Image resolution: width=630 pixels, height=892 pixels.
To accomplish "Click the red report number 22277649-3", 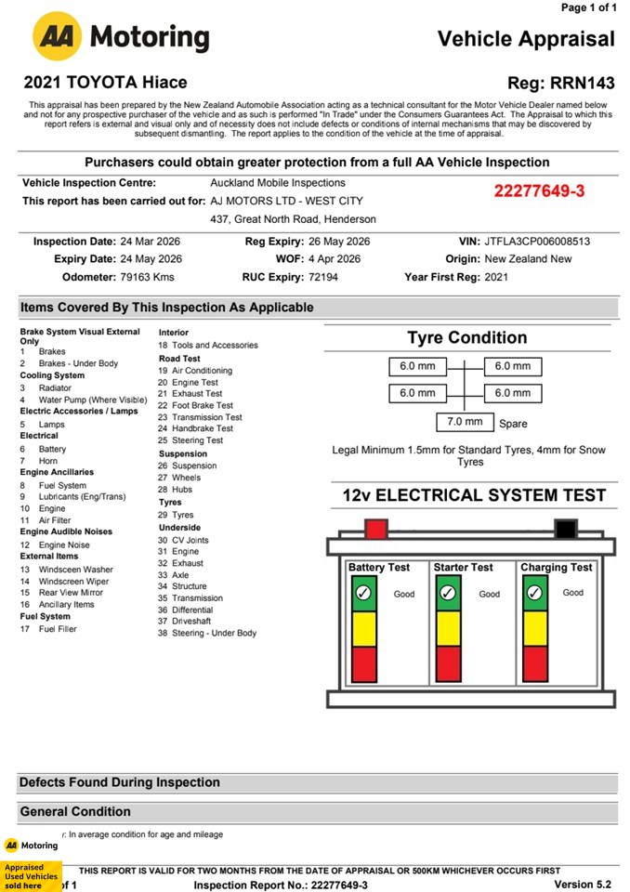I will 539,191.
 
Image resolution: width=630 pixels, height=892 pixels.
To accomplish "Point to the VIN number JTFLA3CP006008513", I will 537,242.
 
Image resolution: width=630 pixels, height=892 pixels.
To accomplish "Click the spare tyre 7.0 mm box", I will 466,423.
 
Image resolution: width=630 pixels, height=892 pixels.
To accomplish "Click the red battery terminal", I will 376,530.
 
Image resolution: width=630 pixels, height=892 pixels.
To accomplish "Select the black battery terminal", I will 565,530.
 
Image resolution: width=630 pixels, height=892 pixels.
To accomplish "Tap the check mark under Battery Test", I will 364,593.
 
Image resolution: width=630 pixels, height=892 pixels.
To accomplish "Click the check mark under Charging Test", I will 534,593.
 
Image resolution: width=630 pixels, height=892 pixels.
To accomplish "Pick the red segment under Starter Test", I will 449,664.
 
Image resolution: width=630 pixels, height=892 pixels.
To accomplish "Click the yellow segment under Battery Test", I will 364,628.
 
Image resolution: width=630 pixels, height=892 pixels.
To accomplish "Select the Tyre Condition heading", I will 466,337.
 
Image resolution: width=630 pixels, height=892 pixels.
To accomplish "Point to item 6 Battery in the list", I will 52,449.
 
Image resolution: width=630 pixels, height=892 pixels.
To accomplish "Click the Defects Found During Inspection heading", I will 120,782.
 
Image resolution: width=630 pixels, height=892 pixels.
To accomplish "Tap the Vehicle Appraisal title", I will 526,38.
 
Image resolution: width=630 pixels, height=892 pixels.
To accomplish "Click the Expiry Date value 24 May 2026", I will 151,259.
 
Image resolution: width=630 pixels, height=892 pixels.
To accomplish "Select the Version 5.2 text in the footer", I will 584,884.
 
